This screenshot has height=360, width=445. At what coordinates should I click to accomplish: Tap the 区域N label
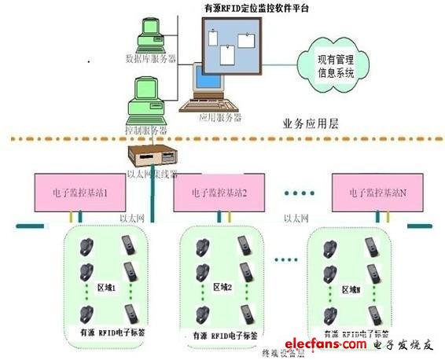click(351, 289)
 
